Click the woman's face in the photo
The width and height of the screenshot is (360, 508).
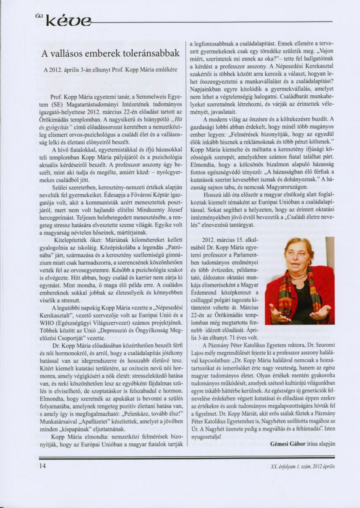(x=299, y=257)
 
